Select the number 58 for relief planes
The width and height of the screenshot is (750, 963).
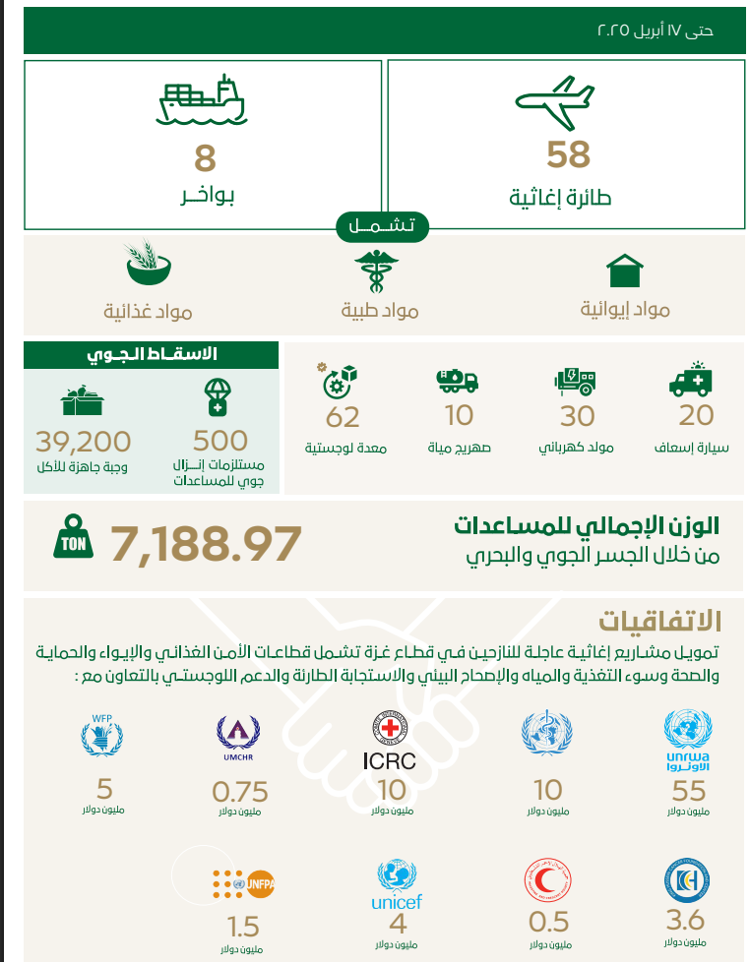click(x=569, y=155)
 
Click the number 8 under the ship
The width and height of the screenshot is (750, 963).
click(x=205, y=157)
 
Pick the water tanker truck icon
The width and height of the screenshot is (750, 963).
click(x=457, y=380)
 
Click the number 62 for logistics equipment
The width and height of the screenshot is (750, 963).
click(x=343, y=417)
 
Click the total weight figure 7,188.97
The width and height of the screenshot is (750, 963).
click(x=206, y=543)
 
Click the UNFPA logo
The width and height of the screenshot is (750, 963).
click(x=241, y=884)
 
